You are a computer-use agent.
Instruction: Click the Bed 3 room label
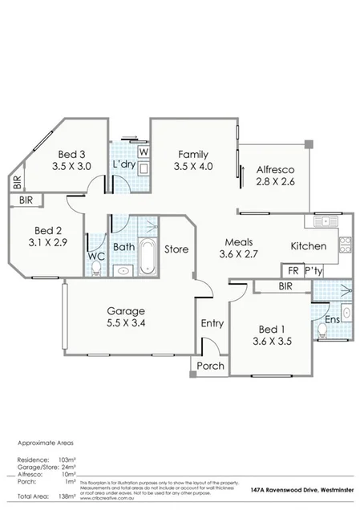71,155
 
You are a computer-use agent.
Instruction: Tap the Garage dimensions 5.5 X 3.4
126,324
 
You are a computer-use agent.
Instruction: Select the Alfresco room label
276,170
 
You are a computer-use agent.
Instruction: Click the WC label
96,257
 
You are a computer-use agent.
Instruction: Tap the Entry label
212,324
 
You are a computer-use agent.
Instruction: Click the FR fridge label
293,270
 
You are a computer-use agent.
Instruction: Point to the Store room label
176,249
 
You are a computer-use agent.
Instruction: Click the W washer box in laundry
144,152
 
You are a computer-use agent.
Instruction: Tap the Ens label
331,320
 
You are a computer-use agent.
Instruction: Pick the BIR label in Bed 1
285,286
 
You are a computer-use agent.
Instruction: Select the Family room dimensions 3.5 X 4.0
193,167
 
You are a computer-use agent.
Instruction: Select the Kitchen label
308,246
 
